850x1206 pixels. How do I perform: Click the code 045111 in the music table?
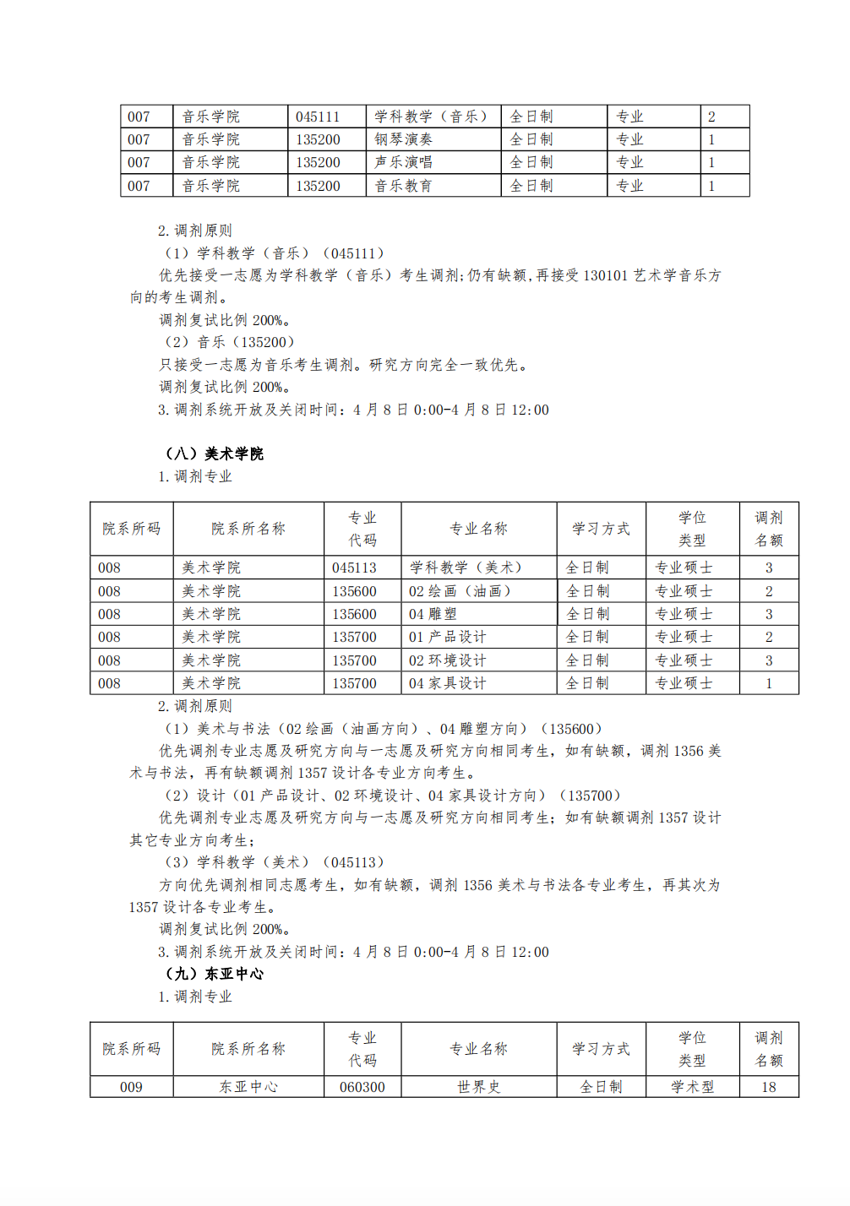[318, 117]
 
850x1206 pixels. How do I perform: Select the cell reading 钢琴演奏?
[403, 139]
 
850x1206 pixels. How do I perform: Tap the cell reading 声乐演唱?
[403, 162]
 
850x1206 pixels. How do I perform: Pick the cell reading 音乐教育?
[403, 186]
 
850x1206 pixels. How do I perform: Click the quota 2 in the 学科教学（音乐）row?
[711, 117]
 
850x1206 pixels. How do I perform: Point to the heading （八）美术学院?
[215, 454]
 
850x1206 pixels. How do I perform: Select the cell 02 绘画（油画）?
[460, 591]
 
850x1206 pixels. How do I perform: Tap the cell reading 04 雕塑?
[433, 614]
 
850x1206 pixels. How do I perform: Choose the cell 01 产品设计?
[447, 637]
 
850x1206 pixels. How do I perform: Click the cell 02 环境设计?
[447, 660]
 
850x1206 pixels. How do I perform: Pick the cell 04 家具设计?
[447, 683]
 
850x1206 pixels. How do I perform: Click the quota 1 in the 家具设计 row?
[769, 683]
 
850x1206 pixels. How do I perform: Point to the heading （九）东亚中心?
[215, 974]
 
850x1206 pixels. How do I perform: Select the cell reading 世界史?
[479, 1087]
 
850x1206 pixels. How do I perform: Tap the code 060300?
[362, 1087]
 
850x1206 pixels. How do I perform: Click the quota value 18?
[768, 1087]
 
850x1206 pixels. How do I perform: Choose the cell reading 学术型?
[692, 1087]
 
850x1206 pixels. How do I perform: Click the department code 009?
[131, 1087]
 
